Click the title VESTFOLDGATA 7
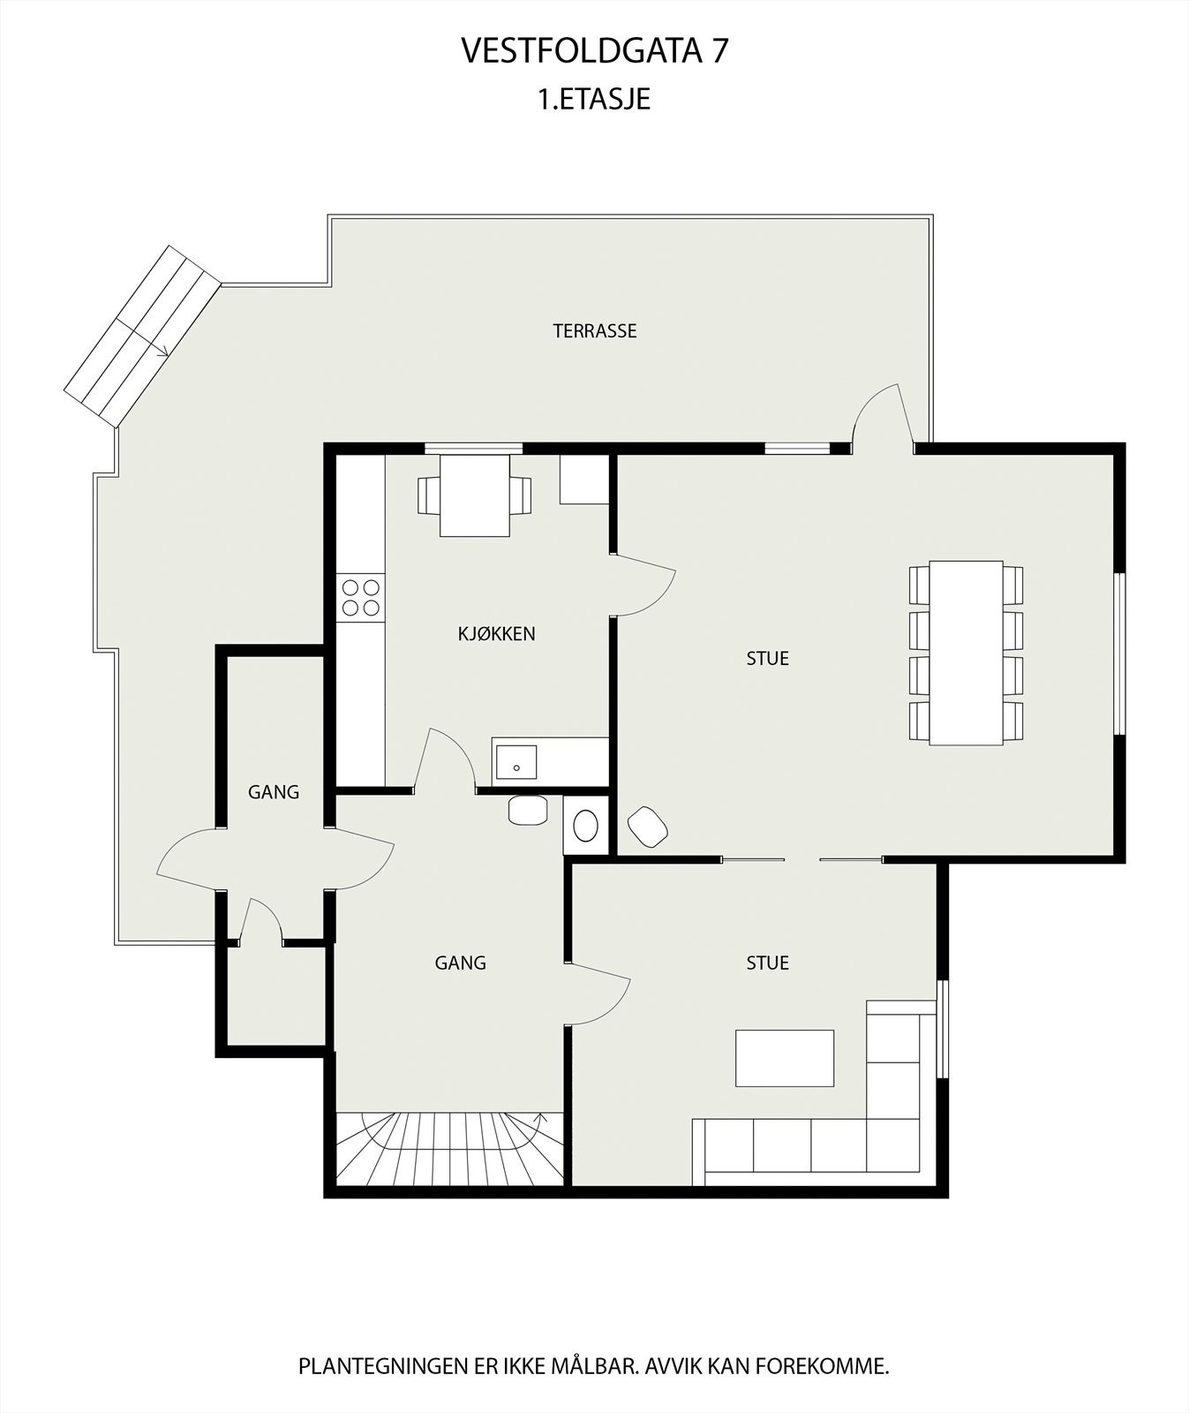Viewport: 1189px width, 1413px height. pos(594,51)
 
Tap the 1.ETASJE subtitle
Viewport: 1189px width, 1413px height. pos(594,98)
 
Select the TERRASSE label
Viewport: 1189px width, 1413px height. pos(594,331)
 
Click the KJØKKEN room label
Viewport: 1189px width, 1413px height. pos(496,633)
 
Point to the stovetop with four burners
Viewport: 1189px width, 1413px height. pos(360,597)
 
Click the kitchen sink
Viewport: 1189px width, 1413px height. pos(516,761)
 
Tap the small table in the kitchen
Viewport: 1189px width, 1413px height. pos(475,495)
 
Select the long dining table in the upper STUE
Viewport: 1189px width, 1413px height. pos(966,653)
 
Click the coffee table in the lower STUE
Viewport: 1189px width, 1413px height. pos(785,1058)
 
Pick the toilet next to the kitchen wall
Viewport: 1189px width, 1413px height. pos(528,810)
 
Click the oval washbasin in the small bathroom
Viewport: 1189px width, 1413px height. pos(585,827)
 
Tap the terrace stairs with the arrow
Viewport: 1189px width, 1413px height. pos(142,336)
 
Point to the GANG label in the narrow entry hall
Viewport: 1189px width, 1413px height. pos(274,792)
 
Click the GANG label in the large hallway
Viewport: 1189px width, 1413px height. pos(460,963)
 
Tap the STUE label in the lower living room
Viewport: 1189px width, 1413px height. pos(767,963)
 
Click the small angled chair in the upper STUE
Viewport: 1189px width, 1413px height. pos(648,827)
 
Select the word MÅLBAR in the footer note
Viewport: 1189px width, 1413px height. pos(594,1366)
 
